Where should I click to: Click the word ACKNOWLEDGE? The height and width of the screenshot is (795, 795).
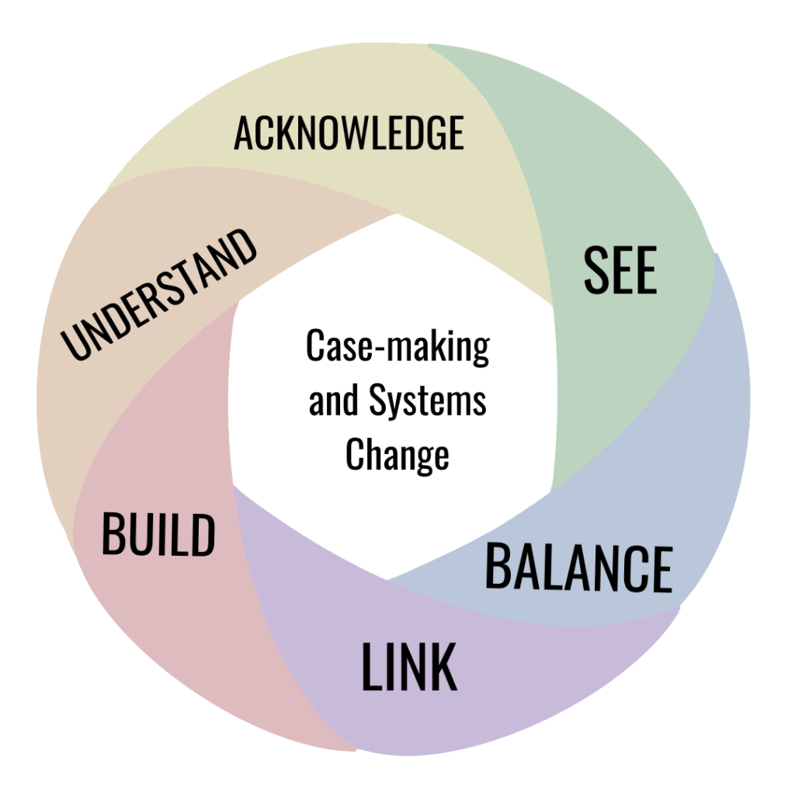349,133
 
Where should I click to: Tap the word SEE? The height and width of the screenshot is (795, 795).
620,271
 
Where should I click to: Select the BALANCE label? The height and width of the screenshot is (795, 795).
578,568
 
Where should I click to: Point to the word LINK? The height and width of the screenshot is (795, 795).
408,668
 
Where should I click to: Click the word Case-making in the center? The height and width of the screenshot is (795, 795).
397,346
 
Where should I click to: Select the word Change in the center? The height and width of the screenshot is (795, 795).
397,454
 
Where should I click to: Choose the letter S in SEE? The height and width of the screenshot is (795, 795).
595,271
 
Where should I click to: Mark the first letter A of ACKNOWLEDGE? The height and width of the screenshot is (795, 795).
242,134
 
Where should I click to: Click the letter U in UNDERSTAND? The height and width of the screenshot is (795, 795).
75,345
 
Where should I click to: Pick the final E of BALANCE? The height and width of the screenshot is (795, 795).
661,570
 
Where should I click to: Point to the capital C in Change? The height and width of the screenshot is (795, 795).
355,454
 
